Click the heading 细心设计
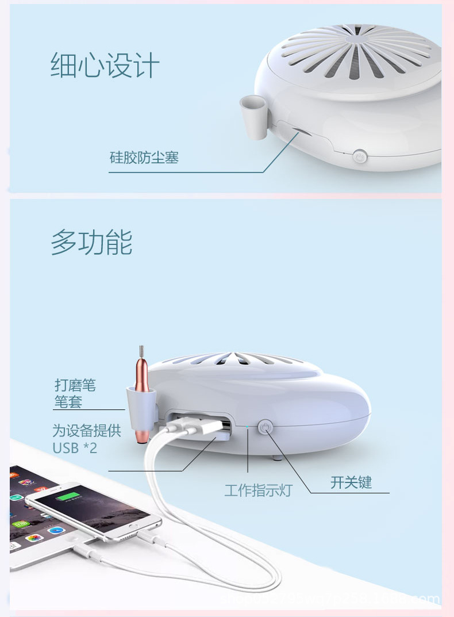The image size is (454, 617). tap(105, 66)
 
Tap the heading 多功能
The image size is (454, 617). tap(91, 242)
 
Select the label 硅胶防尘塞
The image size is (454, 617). tap(144, 157)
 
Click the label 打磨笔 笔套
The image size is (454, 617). tap(75, 393)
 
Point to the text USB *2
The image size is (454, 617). tap(75, 447)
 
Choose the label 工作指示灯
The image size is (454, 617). tap(258, 490)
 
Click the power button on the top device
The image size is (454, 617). tap(360, 156)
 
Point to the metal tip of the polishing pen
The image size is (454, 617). tap(141, 352)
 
